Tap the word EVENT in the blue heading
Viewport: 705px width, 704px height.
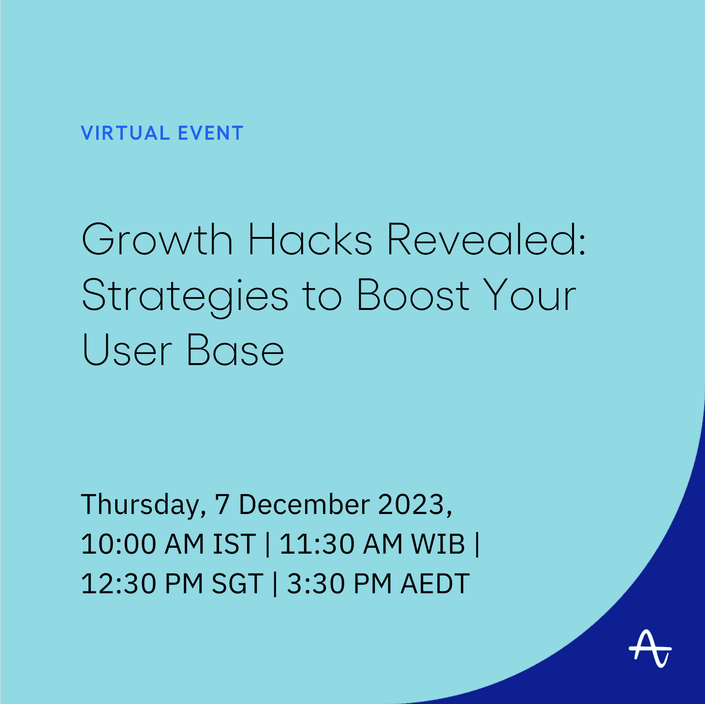tap(210, 133)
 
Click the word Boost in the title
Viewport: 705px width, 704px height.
tap(413, 295)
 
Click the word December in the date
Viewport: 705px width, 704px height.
tap(305, 505)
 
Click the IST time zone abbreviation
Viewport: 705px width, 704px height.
tap(234, 544)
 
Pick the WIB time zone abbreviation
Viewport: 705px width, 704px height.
tap(438, 544)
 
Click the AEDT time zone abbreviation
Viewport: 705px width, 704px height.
tap(435, 583)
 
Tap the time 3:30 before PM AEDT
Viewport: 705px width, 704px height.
tap(316, 583)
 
